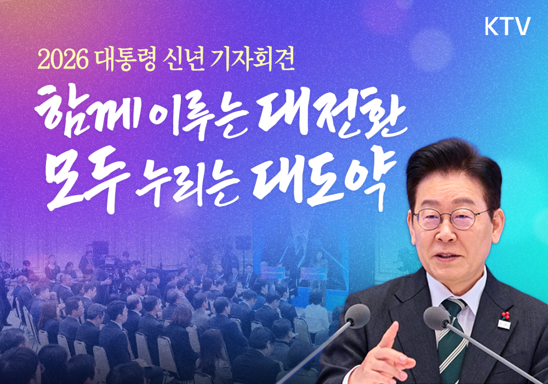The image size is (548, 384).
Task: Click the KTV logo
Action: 507,27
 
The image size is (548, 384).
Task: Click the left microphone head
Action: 357,317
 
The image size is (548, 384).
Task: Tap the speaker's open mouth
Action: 447,257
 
